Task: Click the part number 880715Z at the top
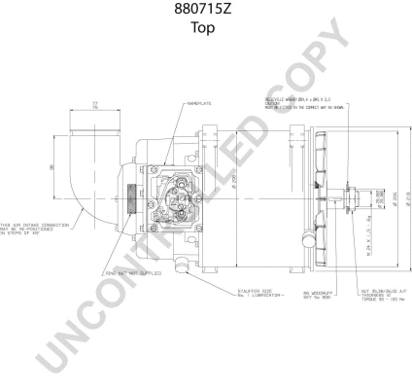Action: point(205,12)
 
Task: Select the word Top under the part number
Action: point(205,28)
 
